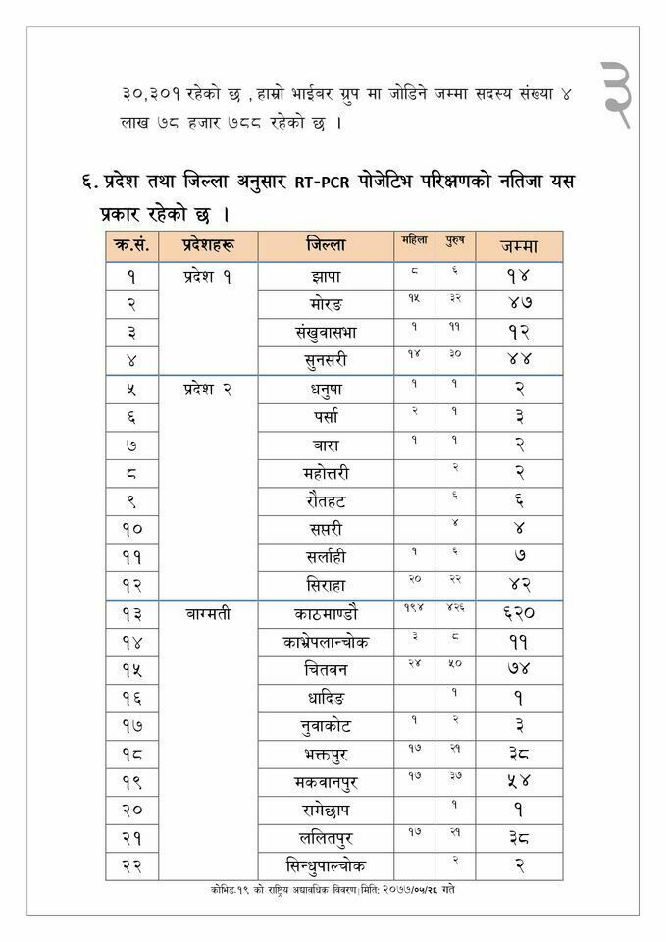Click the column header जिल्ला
click(326, 246)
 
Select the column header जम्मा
click(519, 246)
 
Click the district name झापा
click(326, 276)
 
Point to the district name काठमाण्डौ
click(326, 614)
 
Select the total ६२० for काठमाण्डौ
click(519, 615)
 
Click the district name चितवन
click(326, 671)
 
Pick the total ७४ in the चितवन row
click(519, 672)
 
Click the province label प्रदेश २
click(206, 390)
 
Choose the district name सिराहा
click(326, 586)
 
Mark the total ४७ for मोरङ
click(519, 304)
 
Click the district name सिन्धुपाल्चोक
click(326, 867)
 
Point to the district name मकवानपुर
click(326, 784)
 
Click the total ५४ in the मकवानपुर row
click(519, 785)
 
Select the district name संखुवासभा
click(326, 333)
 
